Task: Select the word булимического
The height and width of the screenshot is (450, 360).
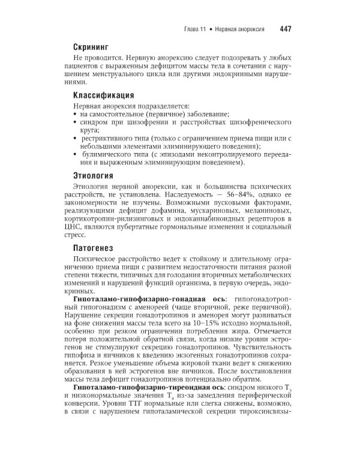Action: coord(112,155)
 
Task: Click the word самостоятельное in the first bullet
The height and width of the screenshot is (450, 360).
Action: coord(119,114)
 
